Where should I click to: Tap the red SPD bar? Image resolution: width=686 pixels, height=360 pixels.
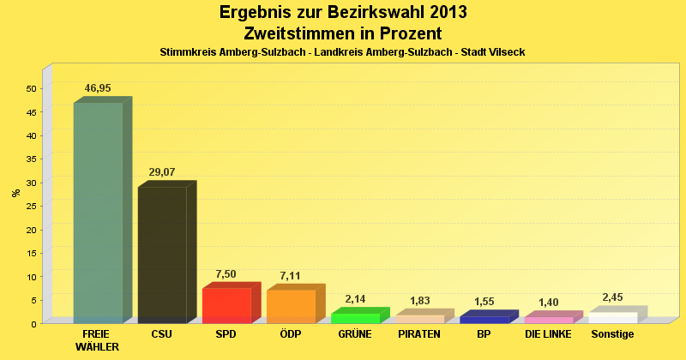click(x=226, y=305)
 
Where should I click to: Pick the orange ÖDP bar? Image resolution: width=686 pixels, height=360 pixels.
click(x=291, y=306)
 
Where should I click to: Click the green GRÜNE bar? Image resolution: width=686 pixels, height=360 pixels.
click(x=355, y=318)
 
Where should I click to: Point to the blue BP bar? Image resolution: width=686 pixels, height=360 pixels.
click(x=484, y=319)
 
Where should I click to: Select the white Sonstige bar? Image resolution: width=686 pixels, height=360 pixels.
click(x=612, y=318)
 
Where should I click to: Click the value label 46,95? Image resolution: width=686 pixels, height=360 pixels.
click(x=98, y=88)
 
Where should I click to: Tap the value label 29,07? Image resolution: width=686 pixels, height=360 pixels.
click(x=162, y=172)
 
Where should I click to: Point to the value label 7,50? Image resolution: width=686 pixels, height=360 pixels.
click(x=226, y=274)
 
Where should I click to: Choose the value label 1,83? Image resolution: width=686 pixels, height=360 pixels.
click(x=419, y=300)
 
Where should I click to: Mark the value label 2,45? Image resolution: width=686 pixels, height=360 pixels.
click(x=612, y=297)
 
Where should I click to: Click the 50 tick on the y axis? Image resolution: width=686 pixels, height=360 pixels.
click(x=31, y=88)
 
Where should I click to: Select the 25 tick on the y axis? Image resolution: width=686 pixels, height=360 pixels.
click(x=31, y=206)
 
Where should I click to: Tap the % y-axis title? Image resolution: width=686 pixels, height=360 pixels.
click(x=16, y=193)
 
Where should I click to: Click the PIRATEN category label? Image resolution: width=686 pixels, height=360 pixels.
click(x=419, y=334)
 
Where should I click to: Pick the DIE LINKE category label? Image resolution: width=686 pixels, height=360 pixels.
click(x=547, y=334)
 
